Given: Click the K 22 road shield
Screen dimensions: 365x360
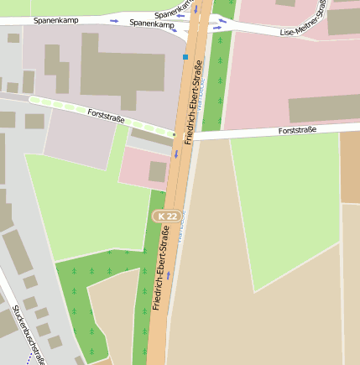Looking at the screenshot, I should click(164, 216).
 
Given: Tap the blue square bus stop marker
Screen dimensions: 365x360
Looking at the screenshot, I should click(185, 57).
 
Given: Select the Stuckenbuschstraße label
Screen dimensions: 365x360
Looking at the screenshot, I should click(29, 336).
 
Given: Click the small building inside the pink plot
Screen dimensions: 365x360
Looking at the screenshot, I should click(158, 171).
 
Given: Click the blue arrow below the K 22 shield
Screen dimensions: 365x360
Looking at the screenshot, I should click(169, 274).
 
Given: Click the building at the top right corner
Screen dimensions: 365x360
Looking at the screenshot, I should click(343, 21).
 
